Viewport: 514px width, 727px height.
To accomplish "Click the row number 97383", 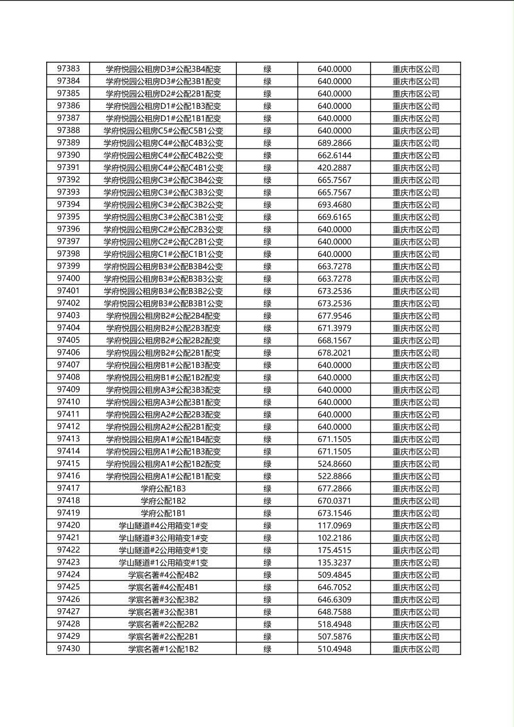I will click(68, 69).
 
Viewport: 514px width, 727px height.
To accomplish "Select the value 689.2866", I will click(334, 143).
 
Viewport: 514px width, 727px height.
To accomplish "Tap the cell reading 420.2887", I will click(334, 168).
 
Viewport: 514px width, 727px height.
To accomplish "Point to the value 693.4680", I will click(334, 205).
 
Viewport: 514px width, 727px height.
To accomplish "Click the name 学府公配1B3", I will click(163, 489).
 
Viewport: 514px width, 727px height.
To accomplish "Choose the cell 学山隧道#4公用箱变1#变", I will click(163, 525).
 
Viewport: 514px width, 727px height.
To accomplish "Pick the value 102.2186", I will click(334, 538).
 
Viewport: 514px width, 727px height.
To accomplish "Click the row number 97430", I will click(68, 649).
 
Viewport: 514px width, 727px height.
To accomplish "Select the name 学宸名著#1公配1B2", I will click(163, 649).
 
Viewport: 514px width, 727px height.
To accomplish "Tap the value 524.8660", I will click(334, 464).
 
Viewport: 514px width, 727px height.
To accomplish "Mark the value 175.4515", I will click(334, 550).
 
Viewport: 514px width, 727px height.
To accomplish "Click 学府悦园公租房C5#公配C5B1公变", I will click(163, 131).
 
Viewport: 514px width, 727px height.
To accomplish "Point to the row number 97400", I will click(68, 278).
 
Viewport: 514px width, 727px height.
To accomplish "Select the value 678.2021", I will click(334, 353).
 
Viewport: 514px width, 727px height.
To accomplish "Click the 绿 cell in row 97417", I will click(267, 489).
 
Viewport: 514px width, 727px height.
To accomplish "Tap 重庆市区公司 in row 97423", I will click(415, 563).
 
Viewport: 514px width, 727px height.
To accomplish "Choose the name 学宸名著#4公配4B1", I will click(163, 587).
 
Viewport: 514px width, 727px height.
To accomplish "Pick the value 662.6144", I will click(334, 155).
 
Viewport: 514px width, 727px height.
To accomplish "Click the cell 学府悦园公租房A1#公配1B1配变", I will click(163, 476).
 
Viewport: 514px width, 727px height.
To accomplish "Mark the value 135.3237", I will click(334, 562).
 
